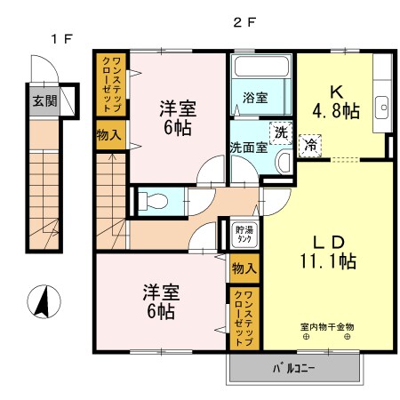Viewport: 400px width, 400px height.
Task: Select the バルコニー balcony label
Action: (294, 366)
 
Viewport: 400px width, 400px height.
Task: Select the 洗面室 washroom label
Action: (248, 148)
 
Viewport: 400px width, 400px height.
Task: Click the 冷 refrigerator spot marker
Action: (311, 144)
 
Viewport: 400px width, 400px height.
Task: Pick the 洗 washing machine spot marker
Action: (280, 132)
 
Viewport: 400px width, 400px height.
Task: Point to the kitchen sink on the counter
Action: (383, 102)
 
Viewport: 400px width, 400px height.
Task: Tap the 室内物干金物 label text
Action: (326, 326)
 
